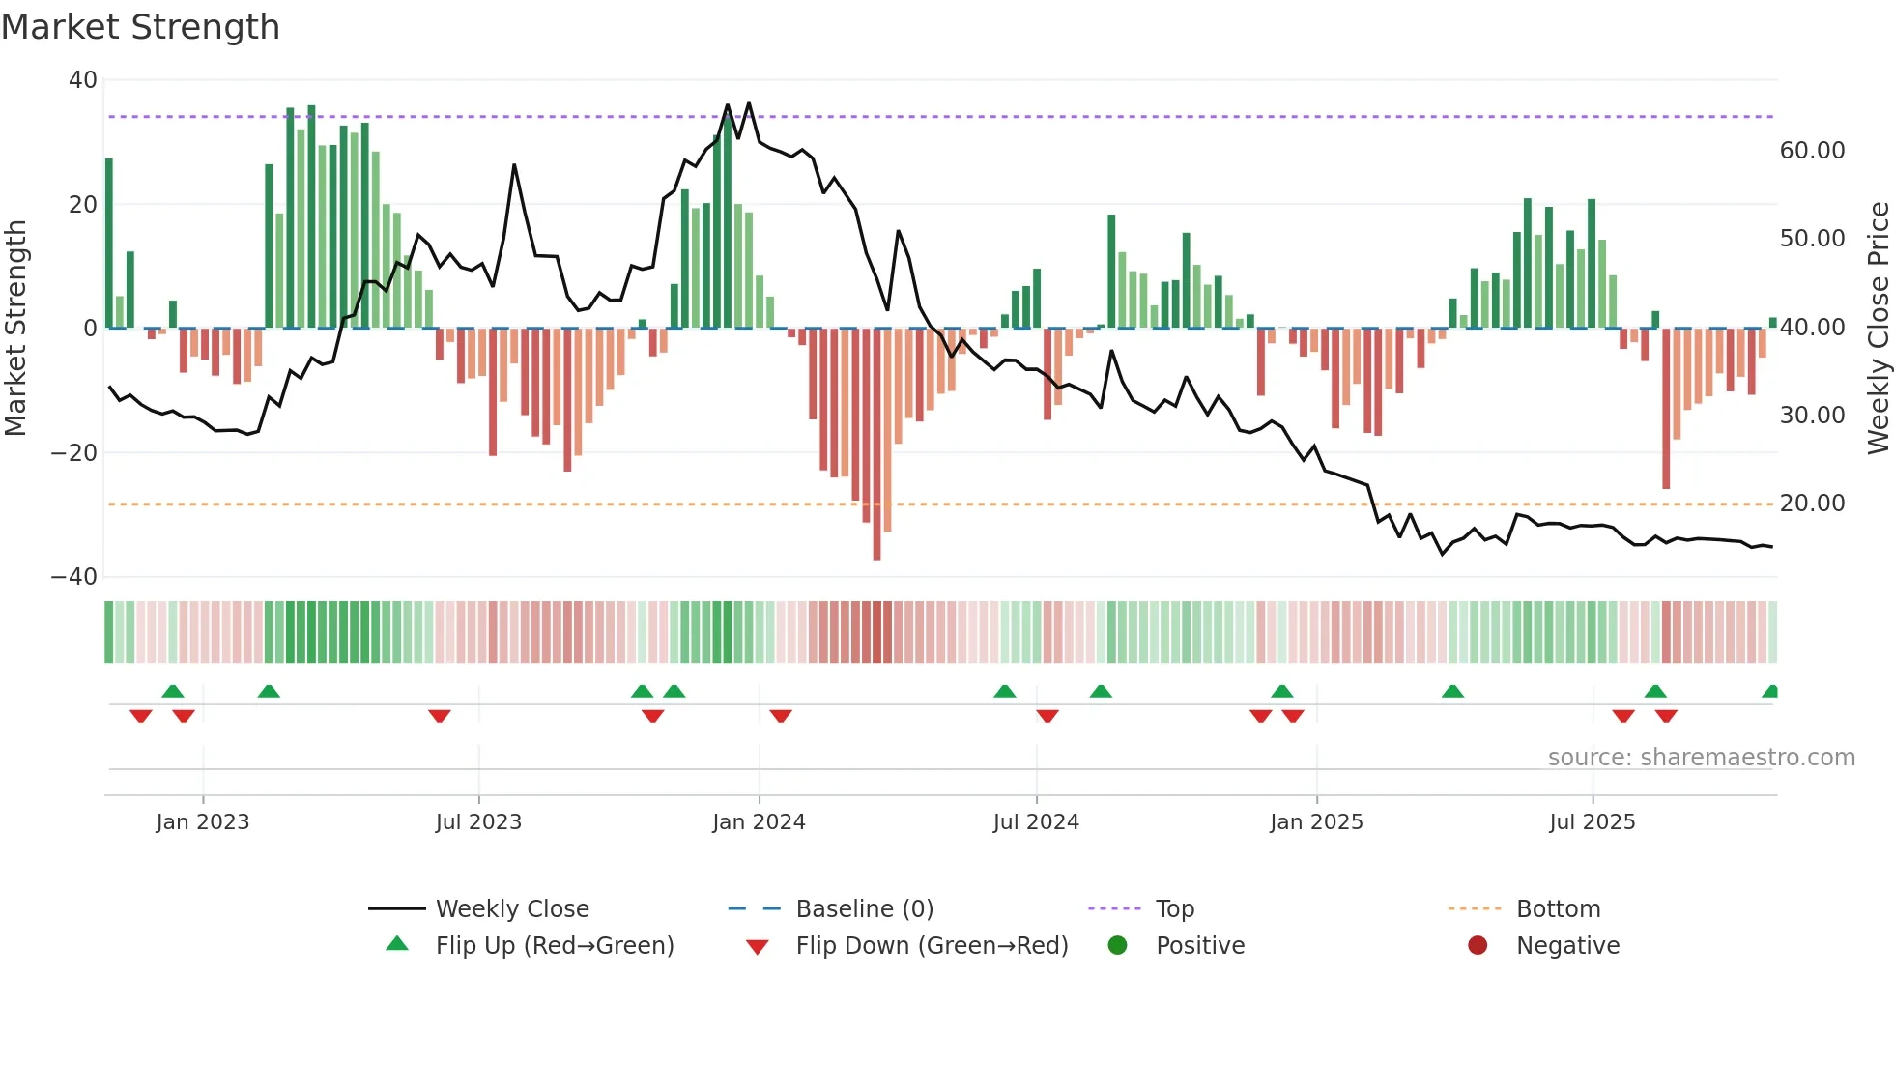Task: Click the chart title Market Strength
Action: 140,27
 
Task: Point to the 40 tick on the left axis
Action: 83,80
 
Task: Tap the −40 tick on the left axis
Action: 74,577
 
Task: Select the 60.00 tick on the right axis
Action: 1812,151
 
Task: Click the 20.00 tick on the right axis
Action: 1812,504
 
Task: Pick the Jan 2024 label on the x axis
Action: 759,822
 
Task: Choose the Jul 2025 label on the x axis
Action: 1592,822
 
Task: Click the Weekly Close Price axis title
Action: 1878,329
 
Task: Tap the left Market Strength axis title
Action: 16,329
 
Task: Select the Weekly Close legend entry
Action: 511,909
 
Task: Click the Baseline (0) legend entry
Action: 864,909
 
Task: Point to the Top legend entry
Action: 1174,909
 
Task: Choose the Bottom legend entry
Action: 1558,909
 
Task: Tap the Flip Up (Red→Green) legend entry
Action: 554,946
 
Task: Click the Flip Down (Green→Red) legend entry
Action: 932,946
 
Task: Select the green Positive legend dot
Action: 1118,946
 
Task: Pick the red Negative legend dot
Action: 1478,946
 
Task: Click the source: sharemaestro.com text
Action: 1701,758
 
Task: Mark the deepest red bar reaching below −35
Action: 876,445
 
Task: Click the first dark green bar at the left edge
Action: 109,244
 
